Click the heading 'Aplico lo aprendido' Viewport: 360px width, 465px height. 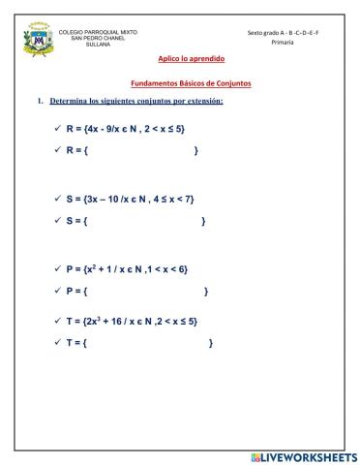(185, 58)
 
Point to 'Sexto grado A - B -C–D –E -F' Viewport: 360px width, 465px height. (284, 32)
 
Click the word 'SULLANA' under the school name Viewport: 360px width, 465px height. (98, 45)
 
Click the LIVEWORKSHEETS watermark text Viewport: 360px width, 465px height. (303, 455)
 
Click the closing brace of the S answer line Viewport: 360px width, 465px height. (203, 222)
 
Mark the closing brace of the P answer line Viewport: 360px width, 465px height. (206, 291)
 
